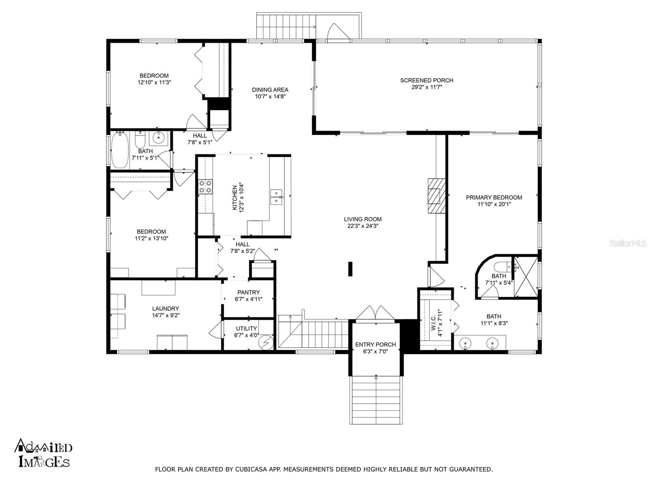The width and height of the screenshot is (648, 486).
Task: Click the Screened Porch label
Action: pos(426,80)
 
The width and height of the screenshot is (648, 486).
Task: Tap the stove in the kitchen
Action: pos(205,187)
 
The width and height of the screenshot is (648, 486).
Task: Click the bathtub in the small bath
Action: pos(119,150)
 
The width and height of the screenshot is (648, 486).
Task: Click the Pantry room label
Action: pos(249,292)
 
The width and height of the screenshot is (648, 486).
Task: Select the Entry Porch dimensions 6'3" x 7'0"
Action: pos(375,352)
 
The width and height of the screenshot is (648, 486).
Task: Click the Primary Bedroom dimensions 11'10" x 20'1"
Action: pos(494,205)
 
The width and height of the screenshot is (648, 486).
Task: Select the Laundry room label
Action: pos(166,309)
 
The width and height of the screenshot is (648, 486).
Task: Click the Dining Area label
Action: pos(270,90)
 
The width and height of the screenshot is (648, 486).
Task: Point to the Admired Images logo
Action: pos(44,452)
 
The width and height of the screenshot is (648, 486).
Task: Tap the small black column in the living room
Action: pos(350,269)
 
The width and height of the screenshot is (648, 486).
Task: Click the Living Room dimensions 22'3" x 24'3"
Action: pos(363,226)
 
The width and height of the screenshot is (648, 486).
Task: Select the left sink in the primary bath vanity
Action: pos(466,344)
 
